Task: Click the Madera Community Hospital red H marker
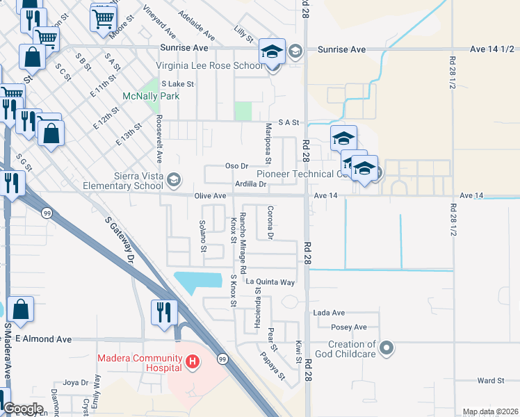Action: tap(193, 362)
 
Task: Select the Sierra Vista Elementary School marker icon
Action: tap(173, 181)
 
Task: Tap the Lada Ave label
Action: tap(329, 313)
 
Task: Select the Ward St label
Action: tap(490, 381)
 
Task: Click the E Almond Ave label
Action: tap(44, 339)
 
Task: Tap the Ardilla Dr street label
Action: tap(251, 184)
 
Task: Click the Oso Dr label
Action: tap(237, 166)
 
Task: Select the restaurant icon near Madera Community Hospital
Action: tap(163, 313)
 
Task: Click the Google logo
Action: tap(23, 409)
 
